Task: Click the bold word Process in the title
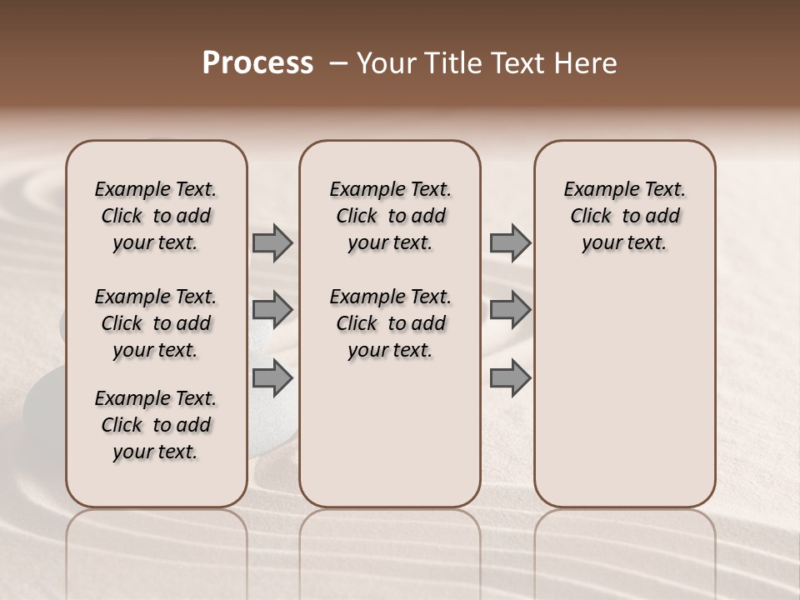(x=257, y=63)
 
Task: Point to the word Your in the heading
(x=387, y=63)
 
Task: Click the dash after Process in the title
(x=337, y=64)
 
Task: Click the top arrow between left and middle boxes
(x=272, y=242)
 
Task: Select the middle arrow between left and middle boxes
(x=272, y=310)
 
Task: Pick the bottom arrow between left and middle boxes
(x=272, y=377)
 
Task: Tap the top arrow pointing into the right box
(x=510, y=242)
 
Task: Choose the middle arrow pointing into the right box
(x=510, y=310)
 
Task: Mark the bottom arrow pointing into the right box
(x=510, y=377)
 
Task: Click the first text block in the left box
(x=156, y=216)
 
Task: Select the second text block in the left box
(x=156, y=323)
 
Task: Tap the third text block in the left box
(x=156, y=425)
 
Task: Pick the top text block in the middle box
(x=390, y=216)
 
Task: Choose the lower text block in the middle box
(x=390, y=323)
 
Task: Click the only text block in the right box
(x=624, y=216)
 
